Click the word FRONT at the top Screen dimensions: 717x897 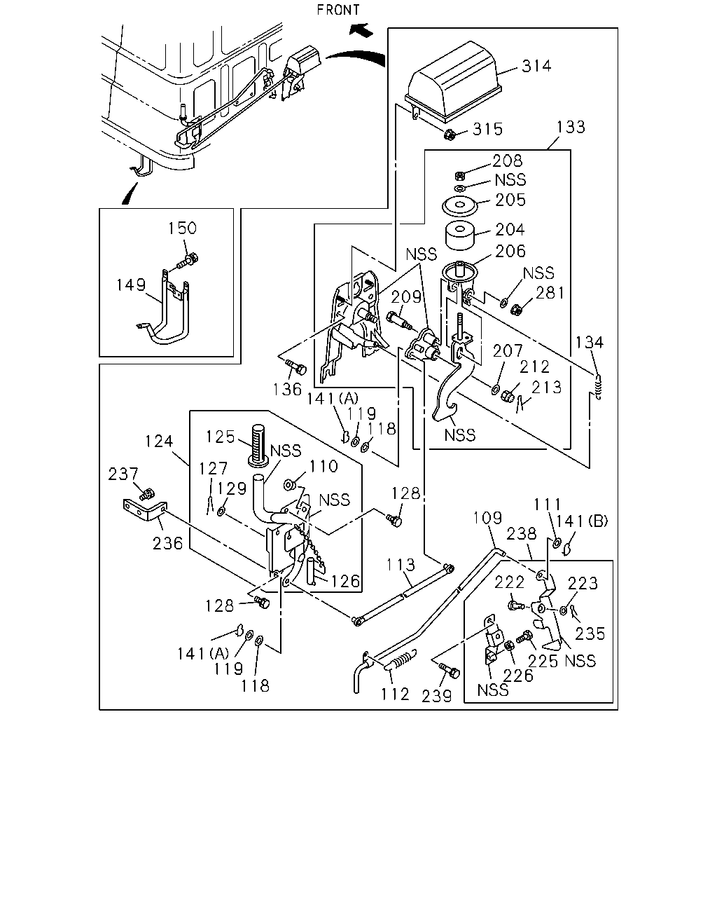point(338,10)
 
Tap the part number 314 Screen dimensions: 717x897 point(536,66)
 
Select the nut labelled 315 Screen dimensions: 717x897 point(449,135)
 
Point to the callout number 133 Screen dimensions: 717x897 point(571,127)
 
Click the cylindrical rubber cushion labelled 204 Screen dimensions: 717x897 point(460,236)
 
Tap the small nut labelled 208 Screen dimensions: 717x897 point(459,175)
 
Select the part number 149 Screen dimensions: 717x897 point(131,285)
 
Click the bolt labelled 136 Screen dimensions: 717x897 point(296,367)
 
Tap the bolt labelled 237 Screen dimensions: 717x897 point(146,494)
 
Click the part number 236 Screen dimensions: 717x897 point(167,543)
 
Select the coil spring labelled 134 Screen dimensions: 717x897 point(598,386)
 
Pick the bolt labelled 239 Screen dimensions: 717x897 point(449,671)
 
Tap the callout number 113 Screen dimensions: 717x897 point(401,565)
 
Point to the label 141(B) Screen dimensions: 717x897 point(582,521)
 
